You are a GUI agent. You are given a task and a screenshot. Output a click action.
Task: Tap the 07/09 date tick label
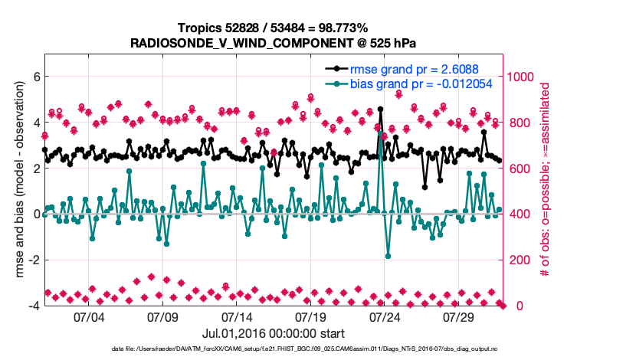coord(162,316)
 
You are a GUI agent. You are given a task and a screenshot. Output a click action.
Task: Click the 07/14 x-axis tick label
coord(237,316)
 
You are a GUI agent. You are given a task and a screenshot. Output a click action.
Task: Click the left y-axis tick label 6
coord(35,77)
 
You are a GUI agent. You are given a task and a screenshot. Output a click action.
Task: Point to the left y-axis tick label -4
coord(33,306)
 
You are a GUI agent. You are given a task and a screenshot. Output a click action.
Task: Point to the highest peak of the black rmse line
coord(381,110)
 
